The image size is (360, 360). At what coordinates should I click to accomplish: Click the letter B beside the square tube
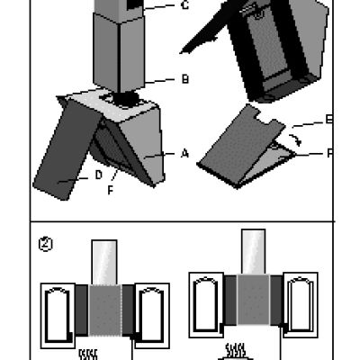pos(184,80)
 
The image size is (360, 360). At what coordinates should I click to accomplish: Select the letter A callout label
pos(184,154)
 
